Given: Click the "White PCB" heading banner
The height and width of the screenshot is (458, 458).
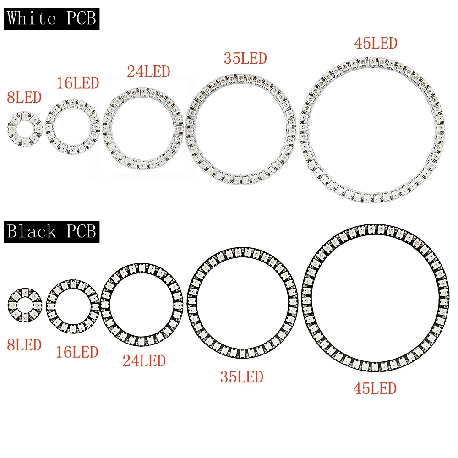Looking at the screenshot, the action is pos(52,19).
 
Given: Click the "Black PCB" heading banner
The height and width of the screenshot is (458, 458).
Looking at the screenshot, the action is pos(52,232).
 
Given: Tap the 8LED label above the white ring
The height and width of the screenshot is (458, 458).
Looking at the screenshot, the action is pos(24,98).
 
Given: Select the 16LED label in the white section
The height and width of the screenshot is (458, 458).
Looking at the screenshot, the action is pos(78,83).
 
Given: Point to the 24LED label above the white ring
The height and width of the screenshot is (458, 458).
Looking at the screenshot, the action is pos(148,72).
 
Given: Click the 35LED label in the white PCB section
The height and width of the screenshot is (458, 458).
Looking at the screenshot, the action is pos(245,59).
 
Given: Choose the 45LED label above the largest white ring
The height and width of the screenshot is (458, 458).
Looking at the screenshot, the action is pos(376,44).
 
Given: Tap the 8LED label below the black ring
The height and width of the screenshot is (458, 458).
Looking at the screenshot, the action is pos(24,345).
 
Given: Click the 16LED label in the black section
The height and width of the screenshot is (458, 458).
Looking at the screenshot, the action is pos(77,352).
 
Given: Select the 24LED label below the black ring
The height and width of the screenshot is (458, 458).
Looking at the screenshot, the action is pos(144,361).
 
